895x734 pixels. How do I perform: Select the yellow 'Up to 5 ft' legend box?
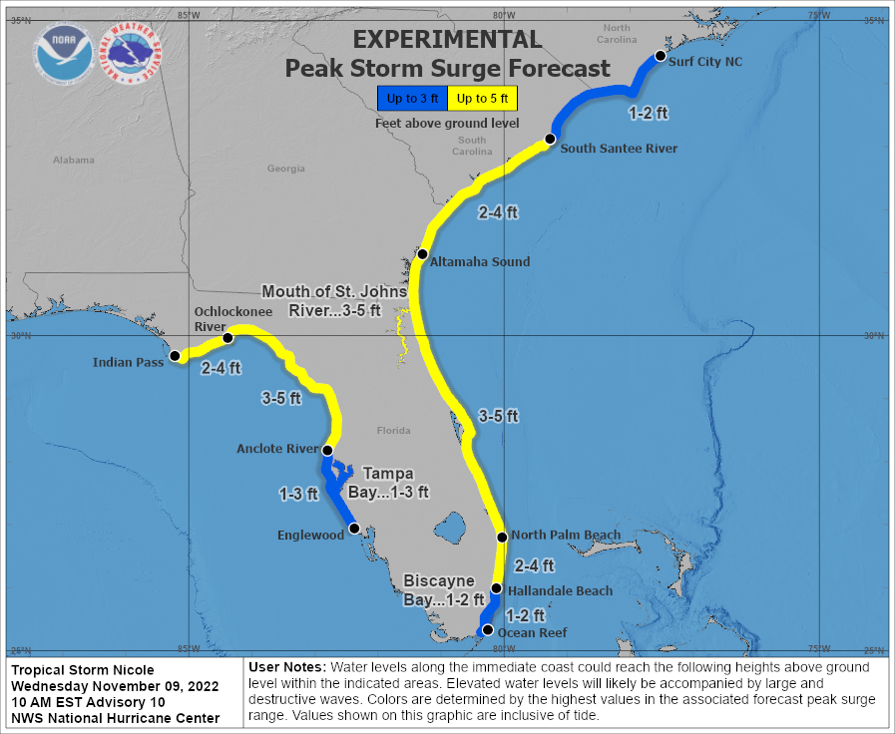483,98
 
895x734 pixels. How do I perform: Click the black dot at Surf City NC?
660,57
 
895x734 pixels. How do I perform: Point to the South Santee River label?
619,149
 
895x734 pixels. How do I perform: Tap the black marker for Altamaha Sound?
423,254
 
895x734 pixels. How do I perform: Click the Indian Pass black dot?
175,356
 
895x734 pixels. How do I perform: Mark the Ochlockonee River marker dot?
227,338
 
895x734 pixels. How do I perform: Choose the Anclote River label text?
275,449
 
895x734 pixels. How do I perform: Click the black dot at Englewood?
354,528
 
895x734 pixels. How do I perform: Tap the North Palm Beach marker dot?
502,538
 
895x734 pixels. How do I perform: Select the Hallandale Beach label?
560,591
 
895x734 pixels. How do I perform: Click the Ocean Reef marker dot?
487,630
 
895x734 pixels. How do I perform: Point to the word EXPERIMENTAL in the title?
447,40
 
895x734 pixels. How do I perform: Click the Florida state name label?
393,431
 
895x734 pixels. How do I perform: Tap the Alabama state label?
73,160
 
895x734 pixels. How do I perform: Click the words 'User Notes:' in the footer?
285,666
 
